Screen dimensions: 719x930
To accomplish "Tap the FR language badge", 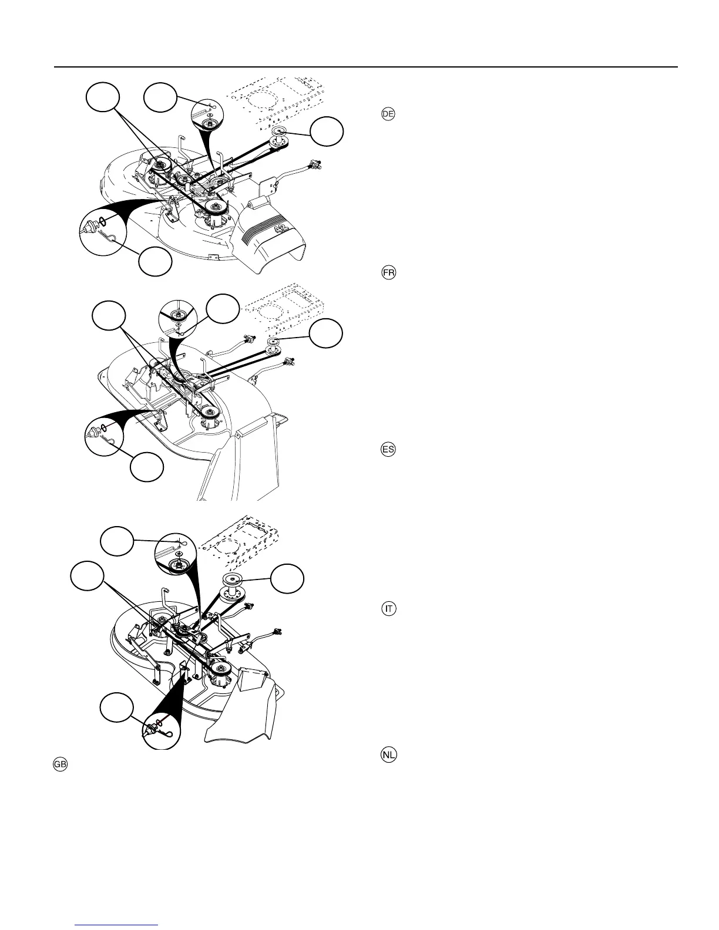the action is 388,274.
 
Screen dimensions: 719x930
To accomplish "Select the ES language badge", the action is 388,450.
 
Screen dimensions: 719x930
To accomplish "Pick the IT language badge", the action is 388,609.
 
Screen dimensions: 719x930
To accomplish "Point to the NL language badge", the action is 388,755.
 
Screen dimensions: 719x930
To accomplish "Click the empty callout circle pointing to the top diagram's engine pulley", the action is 327,131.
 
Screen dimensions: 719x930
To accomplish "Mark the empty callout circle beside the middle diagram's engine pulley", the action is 326,334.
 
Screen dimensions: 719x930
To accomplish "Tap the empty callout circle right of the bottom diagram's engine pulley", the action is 287,578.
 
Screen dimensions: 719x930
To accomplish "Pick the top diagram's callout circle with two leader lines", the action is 103,97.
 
